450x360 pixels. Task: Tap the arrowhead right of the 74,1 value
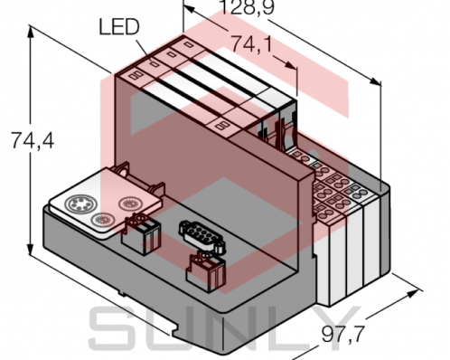294,66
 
